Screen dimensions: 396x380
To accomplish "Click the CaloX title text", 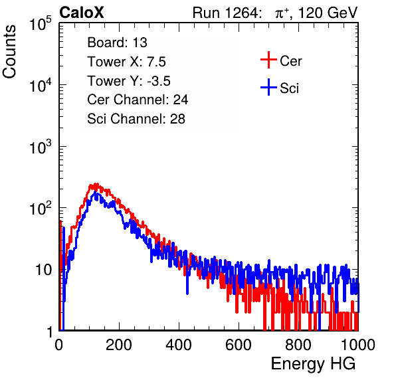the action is [x=81, y=13].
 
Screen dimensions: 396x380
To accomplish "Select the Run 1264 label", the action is [x=225, y=13].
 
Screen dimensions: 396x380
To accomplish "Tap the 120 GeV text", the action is [x=328, y=13].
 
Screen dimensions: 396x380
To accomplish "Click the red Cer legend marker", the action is [x=268, y=60].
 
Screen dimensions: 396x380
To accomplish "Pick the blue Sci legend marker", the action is [x=268, y=87].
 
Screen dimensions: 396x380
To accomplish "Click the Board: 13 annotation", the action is [x=117, y=43].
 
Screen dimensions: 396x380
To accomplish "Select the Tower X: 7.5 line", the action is [x=126, y=62].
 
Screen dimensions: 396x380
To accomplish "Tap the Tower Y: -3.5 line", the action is [x=129, y=81].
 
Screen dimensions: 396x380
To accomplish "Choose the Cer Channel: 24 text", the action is [x=138, y=100].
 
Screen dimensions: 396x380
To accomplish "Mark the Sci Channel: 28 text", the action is [x=136, y=119].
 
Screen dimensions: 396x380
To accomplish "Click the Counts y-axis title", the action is [x=9, y=52].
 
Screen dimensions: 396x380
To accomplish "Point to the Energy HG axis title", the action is [x=313, y=364].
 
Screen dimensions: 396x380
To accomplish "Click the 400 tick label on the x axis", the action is [x=179, y=345].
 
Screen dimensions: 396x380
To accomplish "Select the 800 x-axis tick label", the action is [x=298, y=345].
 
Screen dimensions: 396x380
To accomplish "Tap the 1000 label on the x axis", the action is [x=358, y=345].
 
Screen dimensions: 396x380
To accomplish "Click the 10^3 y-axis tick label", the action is [x=41, y=147].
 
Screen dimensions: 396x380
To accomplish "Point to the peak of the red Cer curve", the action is [x=96, y=184].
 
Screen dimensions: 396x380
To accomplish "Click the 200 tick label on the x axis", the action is [x=119, y=345].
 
